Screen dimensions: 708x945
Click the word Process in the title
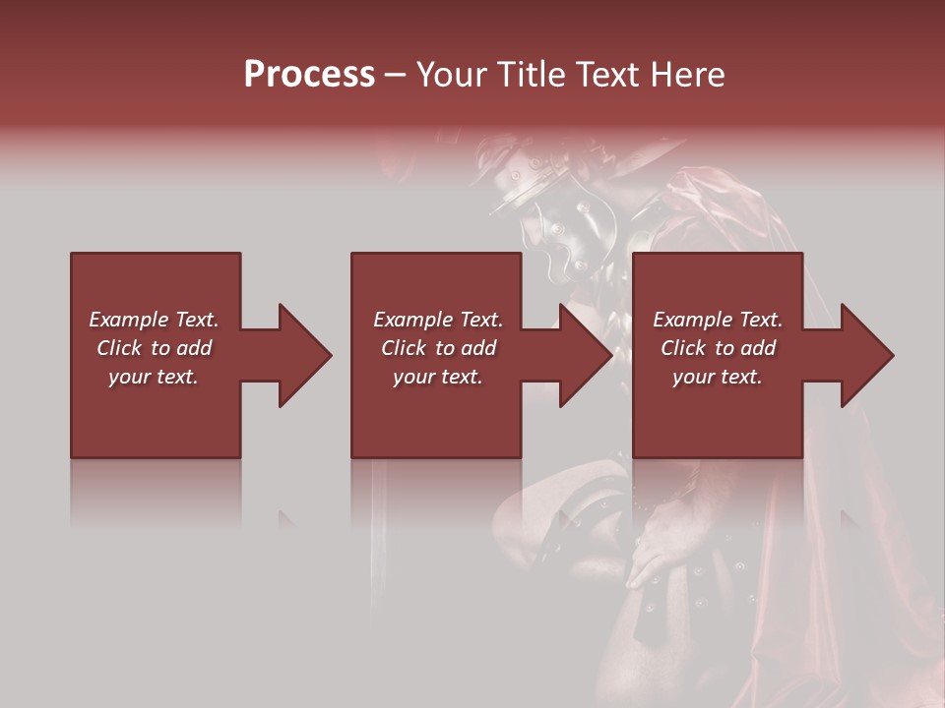309,75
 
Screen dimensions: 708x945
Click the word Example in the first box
129,320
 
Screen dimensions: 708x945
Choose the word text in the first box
177,377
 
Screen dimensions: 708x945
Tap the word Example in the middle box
413,320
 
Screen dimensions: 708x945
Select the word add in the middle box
478,348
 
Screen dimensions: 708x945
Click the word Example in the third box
693,320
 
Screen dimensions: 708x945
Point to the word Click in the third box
684,348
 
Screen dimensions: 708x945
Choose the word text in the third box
741,377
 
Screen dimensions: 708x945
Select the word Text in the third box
760,320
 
